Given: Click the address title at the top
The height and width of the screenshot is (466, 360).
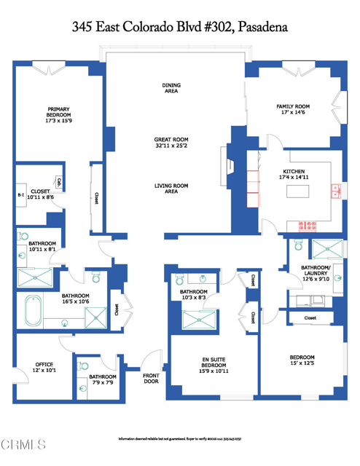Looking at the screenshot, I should (180, 27).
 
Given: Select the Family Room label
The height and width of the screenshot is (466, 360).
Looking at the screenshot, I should (291, 108).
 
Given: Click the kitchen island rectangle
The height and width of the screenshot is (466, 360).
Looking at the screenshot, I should (297, 192).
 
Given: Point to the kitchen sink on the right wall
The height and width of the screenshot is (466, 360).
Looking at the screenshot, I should (336, 191).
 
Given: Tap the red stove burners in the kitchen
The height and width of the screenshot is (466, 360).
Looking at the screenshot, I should (251, 189).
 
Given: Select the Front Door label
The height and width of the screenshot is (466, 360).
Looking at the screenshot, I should (151, 378).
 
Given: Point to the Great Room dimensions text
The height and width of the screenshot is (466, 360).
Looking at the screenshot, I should (171, 146).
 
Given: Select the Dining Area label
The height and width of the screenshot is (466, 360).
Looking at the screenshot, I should (171, 88).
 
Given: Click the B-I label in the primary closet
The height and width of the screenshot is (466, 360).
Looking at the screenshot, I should (21, 196).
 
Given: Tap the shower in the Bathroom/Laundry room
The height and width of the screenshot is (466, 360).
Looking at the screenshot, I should (326, 250).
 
